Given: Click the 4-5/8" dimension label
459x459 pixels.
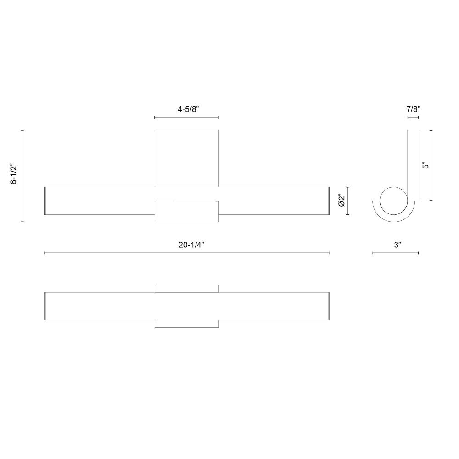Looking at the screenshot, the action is (x=188, y=110).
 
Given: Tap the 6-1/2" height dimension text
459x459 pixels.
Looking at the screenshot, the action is (x=13, y=174).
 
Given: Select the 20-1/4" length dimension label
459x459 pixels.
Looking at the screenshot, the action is (x=191, y=245).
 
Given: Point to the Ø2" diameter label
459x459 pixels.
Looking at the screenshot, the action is (x=341, y=201).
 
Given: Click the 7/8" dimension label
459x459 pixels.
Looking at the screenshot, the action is (x=413, y=110).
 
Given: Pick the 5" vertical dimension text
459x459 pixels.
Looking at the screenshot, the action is (x=426, y=165).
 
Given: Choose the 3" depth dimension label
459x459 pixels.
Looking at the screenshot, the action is (x=397, y=245).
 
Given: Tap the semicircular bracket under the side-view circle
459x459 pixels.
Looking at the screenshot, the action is (x=394, y=218).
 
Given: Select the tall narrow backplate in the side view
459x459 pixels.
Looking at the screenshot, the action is (x=413, y=165).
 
